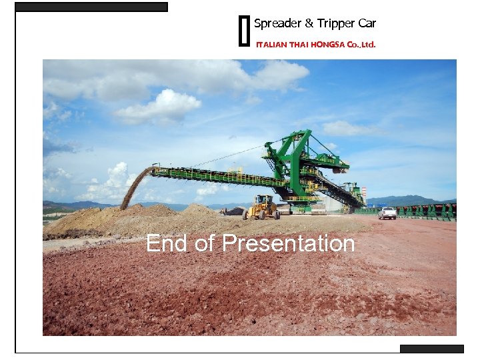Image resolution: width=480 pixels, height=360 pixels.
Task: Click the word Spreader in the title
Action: click(277, 24)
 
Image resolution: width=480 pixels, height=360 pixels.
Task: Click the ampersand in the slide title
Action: click(309, 24)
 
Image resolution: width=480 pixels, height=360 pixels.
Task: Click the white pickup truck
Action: click(387, 213)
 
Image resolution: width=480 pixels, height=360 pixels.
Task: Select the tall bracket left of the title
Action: click(244, 31)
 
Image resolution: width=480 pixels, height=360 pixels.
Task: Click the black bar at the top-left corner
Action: click(91, 7)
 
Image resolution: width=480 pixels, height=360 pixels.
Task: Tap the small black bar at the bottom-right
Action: click(431, 349)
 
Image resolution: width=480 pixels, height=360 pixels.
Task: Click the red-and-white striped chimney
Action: click(363, 193)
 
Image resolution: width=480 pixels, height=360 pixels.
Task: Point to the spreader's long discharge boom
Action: click(213, 176)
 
